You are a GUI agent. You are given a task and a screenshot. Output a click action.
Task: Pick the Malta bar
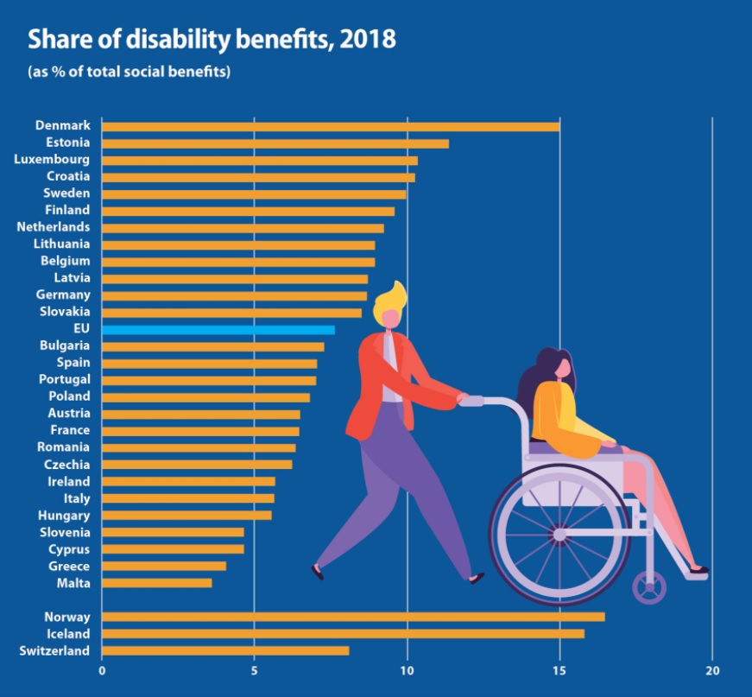156,583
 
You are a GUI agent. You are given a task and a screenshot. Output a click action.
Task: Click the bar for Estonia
275,143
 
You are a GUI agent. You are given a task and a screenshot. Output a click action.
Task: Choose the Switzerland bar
225,650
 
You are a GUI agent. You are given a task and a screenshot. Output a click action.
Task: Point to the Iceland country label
68,634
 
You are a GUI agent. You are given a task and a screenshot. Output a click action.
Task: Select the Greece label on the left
69,567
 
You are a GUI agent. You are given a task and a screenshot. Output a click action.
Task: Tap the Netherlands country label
53,227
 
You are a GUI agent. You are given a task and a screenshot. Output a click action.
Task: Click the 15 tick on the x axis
559,671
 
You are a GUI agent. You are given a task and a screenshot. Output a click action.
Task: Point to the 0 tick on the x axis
102,671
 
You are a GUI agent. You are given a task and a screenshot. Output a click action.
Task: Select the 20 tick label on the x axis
712,671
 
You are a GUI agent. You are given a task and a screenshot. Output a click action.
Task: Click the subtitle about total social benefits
130,72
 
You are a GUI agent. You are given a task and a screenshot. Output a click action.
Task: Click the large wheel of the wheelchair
559,535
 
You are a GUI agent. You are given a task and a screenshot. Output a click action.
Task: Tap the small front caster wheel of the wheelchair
648,588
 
